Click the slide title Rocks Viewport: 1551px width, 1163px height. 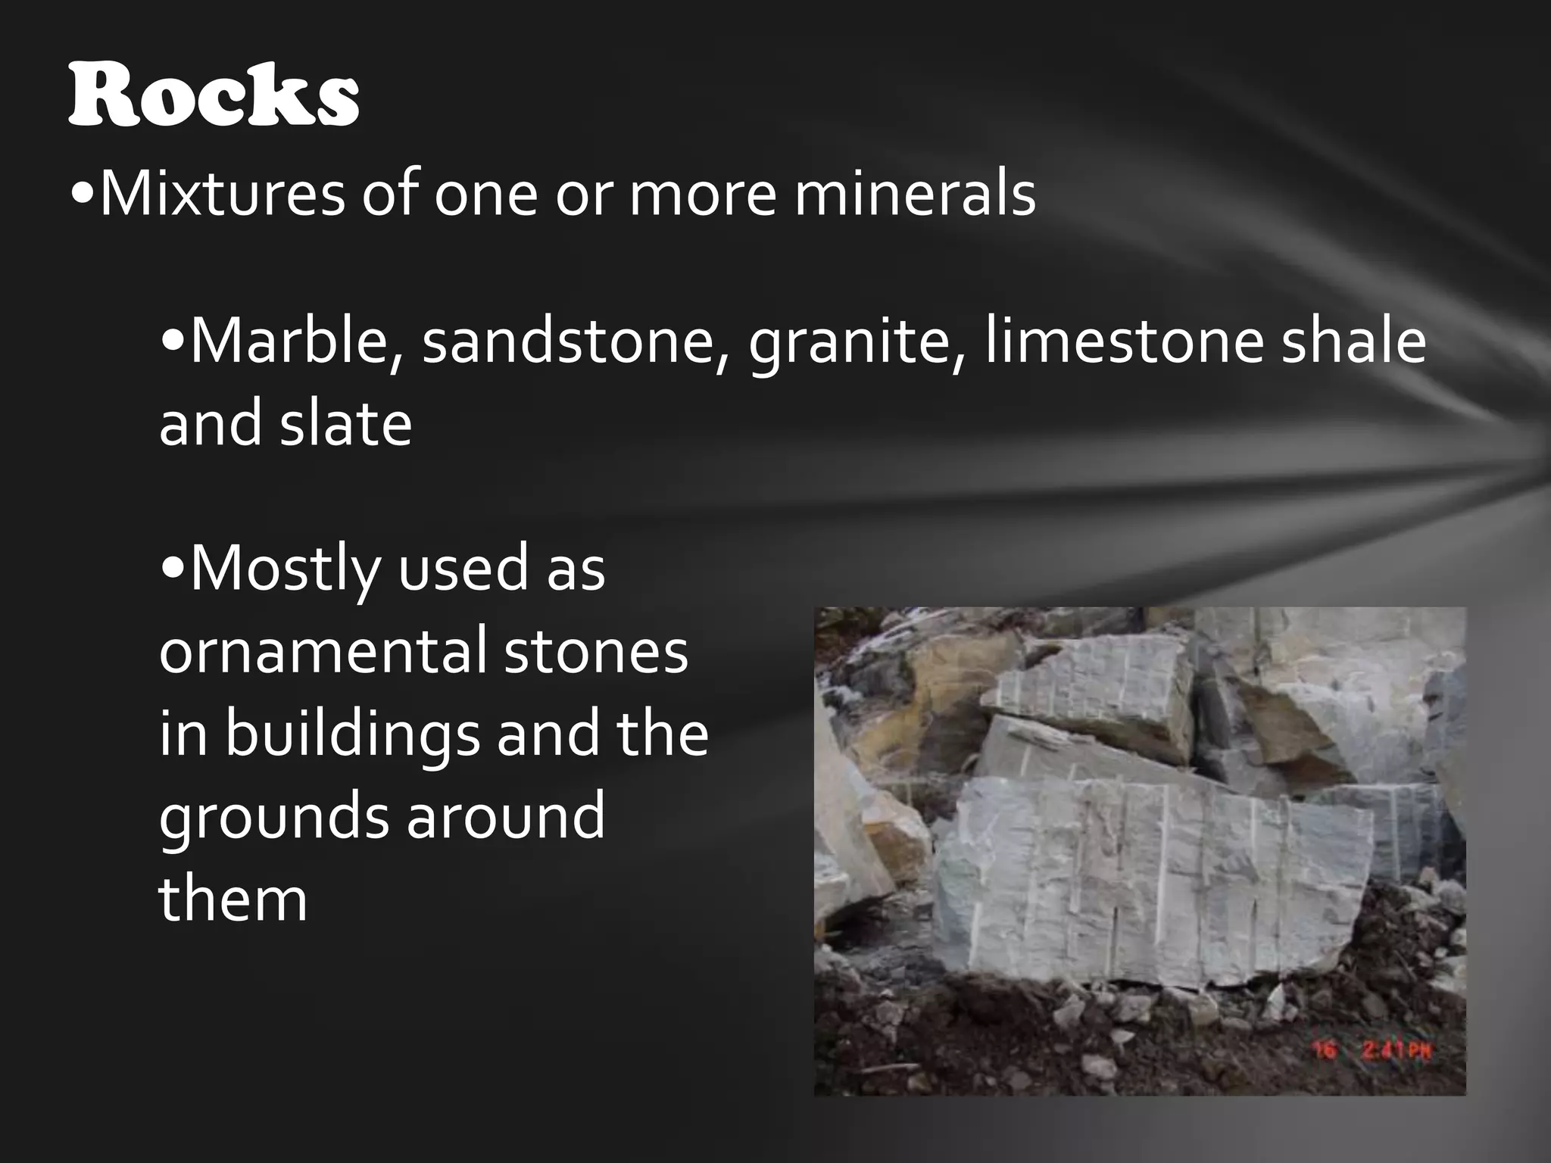click(213, 96)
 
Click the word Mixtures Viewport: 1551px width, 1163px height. click(221, 195)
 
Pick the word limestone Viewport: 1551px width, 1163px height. click(1123, 341)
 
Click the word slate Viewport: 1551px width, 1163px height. click(346, 423)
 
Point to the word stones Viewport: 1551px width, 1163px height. click(595, 652)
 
